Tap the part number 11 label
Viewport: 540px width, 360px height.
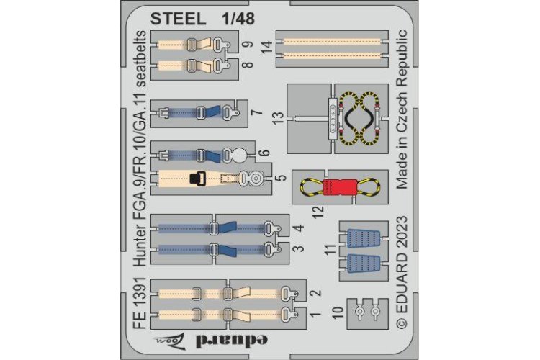(x=329, y=251)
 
